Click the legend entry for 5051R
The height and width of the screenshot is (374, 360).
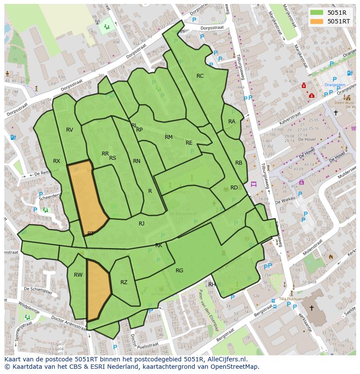pyautogui.click(x=334, y=13)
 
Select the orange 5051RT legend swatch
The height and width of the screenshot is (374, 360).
pyautogui.click(x=317, y=21)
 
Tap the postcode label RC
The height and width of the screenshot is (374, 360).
pyautogui.click(x=200, y=76)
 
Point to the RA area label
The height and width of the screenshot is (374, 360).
pyautogui.click(x=232, y=122)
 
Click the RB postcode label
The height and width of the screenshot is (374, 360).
pyautogui.click(x=239, y=163)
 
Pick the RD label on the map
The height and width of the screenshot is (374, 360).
pyautogui.click(x=234, y=188)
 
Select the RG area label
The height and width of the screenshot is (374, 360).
pyautogui.click(x=179, y=271)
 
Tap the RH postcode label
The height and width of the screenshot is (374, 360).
pyautogui.click(x=212, y=285)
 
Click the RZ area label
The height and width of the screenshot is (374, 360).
pyautogui.click(x=124, y=282)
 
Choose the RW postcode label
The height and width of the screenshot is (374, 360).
pyautogui.click(x=78, y=275)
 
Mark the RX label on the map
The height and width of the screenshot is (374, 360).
pyautogui.click(x=57, y=161)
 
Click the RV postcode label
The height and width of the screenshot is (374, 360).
pyautogui.click(x=70, y=130)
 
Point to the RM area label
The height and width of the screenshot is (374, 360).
pyautogui.click(x=169, y=137)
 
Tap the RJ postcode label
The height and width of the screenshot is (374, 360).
pyautogui.click(x=141, y=224)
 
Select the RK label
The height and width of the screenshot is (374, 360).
pyautogui.click(x=159, y=245)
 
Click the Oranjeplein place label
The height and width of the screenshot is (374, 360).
pyautogui.click(x=335, y=85)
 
